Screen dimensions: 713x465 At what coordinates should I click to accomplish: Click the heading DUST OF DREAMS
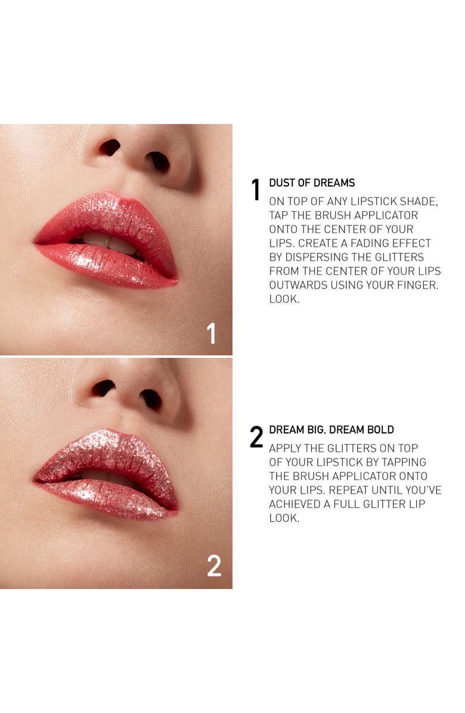coord(312,183)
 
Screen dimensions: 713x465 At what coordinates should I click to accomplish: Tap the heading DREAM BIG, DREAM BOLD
coord(331,430)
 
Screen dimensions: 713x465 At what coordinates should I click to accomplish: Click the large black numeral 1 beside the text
coord(256,190)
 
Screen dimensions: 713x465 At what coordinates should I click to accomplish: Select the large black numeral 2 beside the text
coord(256,437)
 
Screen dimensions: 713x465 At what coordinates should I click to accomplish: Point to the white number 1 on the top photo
coord(211,333)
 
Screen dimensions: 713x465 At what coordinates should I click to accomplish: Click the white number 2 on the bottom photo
coord(214,566)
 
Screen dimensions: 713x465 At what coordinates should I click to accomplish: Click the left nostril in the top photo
coord(110,147)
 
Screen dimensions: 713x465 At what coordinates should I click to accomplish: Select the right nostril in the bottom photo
coord(150,398)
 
